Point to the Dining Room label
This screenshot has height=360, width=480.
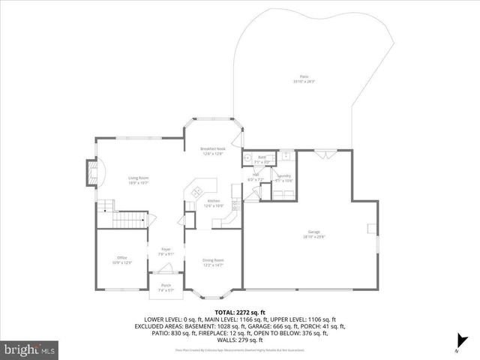(213, 262)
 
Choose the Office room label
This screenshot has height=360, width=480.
(121, 259)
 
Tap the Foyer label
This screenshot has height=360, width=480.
(166, 251)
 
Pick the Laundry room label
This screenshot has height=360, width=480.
(283, 178)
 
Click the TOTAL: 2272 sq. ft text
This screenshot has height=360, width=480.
(240, 310)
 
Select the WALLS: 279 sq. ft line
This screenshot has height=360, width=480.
(240, 341)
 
